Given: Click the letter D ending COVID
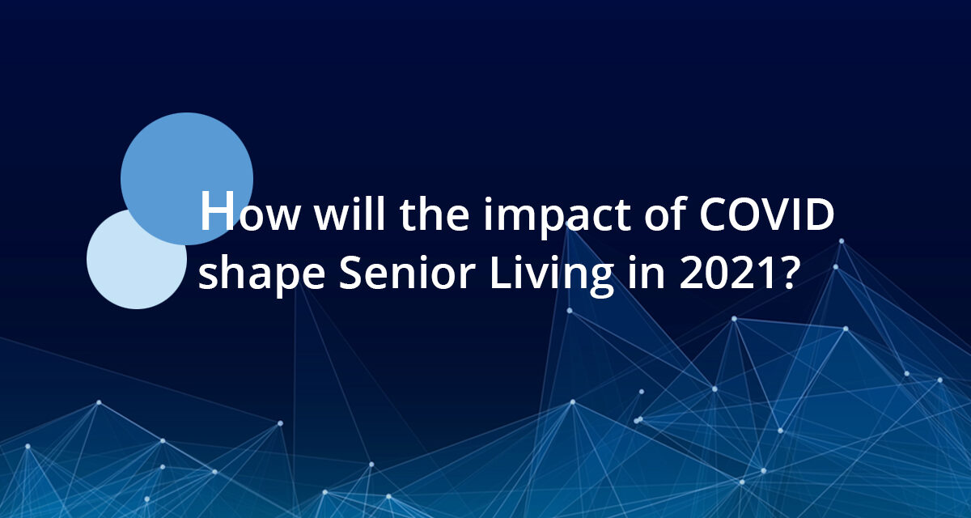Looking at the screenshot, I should coord(820,217).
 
